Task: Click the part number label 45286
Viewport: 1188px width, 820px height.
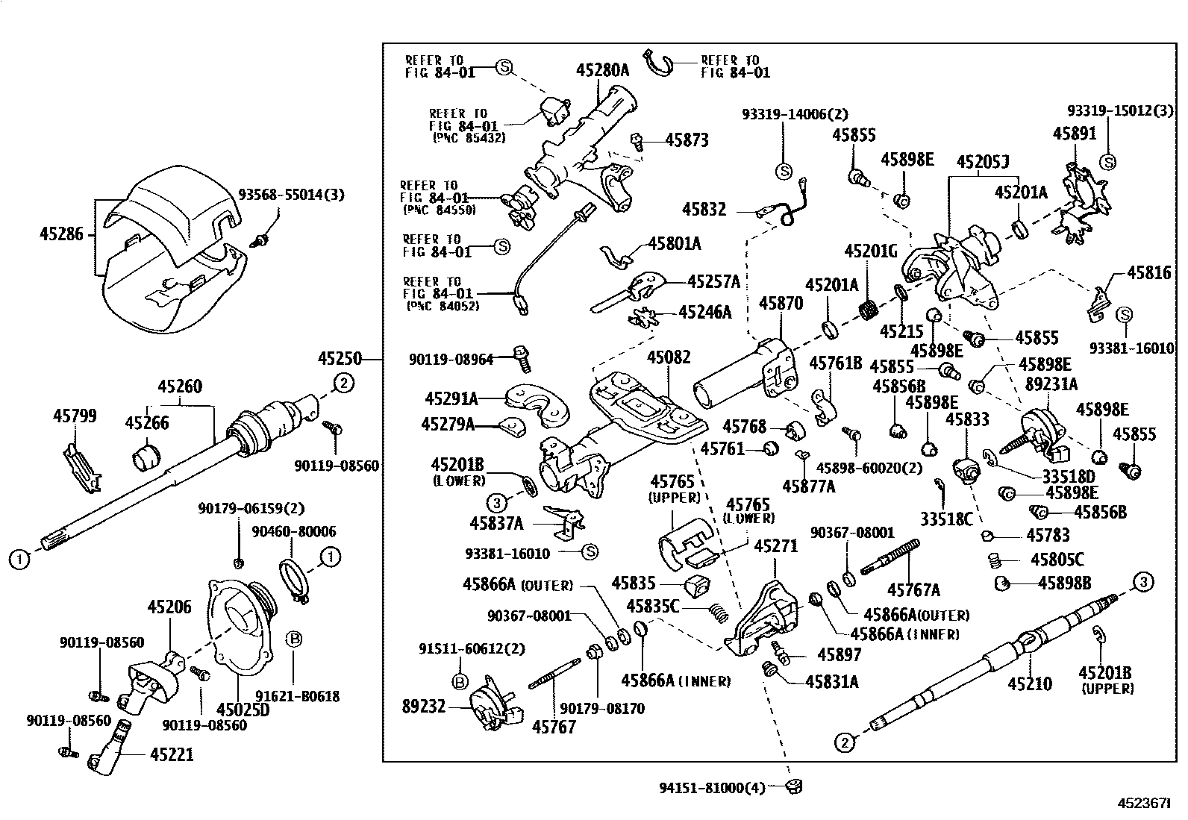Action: (x=63, y=234)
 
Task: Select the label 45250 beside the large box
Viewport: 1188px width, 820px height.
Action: (x=340, y=360)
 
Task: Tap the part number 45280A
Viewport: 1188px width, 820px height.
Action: (x=602, y=71)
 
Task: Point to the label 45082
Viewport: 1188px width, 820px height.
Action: (x=669, y=357)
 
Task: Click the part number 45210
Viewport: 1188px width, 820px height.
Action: (x=1030, y=683)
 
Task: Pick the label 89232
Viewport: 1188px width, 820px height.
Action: (x=423, y=706)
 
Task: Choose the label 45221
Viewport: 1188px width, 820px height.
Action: (x=172, y=754)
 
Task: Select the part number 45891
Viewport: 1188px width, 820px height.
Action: (x=1075, y=134)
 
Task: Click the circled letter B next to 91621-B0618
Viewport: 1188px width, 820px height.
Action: (x=294, y=639)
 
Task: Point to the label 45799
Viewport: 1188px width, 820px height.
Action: (x=75, y=416)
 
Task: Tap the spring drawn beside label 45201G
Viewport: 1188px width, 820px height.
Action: (x=868, y=307)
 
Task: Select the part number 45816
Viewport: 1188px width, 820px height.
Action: (x=1149, y=273)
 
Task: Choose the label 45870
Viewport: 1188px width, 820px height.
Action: (x=781, y=304)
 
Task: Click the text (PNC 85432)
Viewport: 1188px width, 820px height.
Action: (x=468, y=138)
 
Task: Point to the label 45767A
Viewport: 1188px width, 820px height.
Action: (x=916, y=590)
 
